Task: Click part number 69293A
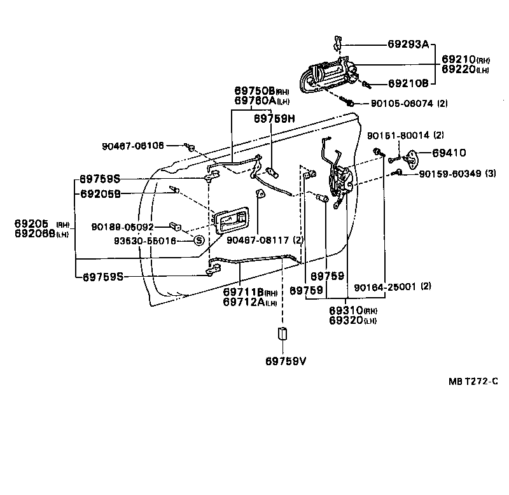pyautogui.click(x=408, y=45)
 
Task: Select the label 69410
pyautogui.click(x=450, y=153)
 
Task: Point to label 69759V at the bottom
pyautogui.click(x=286, y=362)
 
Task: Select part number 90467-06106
pyautogui.click(x=132, y=145)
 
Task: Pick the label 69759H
pyautogui.click(x=275, y=118)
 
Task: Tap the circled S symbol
pyautogui.click(x=198, y=240)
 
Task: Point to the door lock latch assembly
pyautogui.click(x=340, y=181)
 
